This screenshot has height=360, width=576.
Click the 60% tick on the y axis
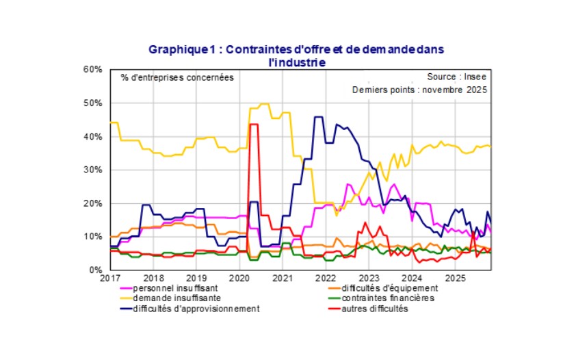click(x=93, y=70)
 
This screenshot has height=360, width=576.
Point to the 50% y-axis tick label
click(x=93, y=103)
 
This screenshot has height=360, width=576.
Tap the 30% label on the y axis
click(x=93, y=170)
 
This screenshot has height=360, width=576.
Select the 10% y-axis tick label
click(x=93, y=237)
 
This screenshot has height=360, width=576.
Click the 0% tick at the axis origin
click(x=96, y=270)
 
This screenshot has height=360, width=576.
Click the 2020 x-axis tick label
click(x=239, y=279)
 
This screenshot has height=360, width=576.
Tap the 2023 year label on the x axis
click(x=369, y=279)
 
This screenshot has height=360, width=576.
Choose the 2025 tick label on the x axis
click(x=456, y=279)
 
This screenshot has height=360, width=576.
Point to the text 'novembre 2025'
click(x=458, y=90)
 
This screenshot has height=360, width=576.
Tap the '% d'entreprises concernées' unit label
click(x=177, y=77)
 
